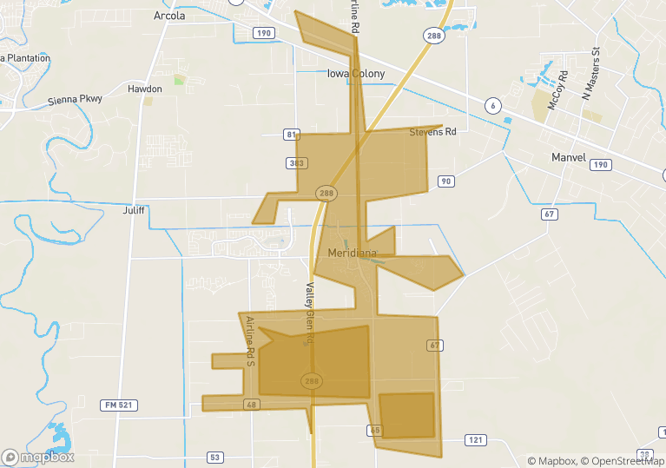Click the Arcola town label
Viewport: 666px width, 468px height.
(169, 16)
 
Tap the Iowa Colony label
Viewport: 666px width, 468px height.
(355, 74)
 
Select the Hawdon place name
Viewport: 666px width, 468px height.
(145, 89)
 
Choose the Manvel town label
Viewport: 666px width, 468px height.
(569, 158)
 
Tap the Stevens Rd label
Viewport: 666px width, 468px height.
(432, 133)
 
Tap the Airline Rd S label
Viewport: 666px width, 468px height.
(250, 340)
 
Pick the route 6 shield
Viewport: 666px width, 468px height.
(494, 106)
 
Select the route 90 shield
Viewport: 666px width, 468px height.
(445, 181)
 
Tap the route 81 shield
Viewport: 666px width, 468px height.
(291, 135)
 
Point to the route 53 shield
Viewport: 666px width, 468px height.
(214, 457)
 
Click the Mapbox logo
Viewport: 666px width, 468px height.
(38, 457)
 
